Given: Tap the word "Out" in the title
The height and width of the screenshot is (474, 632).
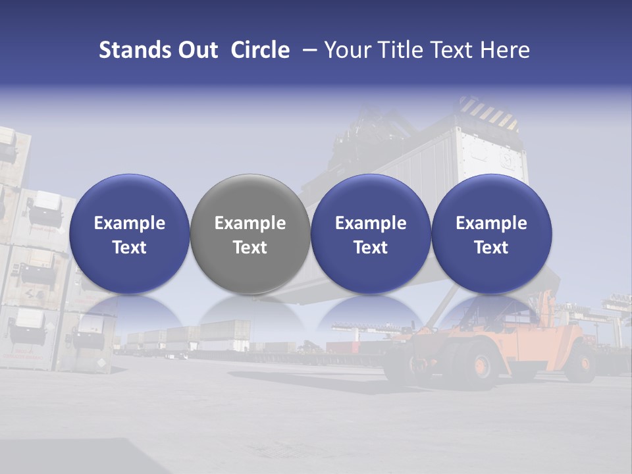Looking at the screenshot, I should [196, 50].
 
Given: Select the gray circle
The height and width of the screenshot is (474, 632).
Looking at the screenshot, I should [250, 234].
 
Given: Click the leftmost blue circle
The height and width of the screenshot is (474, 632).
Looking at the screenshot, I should [129, 234].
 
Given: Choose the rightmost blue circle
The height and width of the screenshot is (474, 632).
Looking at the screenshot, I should [491, 234].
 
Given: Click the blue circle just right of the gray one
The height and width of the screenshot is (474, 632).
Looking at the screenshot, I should [371, 234].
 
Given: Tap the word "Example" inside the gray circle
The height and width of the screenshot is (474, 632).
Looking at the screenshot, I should [250, 223].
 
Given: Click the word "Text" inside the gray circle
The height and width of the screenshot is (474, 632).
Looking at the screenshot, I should [250, 248].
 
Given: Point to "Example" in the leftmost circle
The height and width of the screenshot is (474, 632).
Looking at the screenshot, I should [129, 223].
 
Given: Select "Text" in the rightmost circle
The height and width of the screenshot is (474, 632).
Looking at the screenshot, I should [491, 248].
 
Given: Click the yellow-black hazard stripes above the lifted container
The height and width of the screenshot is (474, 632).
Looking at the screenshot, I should [488, 112].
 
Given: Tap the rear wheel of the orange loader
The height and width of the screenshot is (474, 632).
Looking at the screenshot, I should [482, 366].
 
